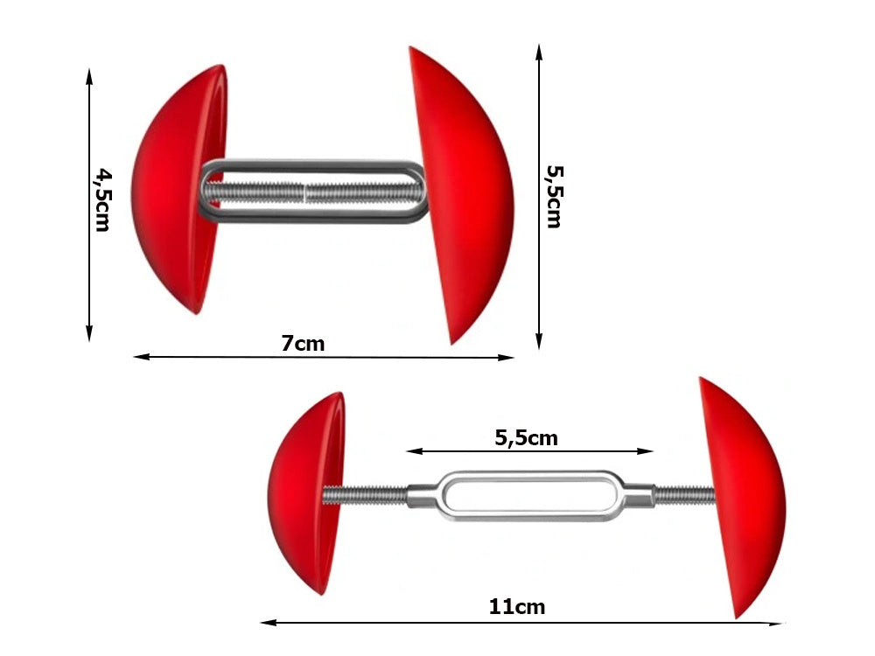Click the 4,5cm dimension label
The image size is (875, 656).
pos(102,199)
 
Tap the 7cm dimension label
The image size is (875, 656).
pos(303,344)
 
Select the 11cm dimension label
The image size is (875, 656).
pos(517,606)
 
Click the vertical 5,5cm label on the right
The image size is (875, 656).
pos(553,196)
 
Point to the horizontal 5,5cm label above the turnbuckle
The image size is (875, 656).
pos(526,438)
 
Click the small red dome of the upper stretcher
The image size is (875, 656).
pos(175,188)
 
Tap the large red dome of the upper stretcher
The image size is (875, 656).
pos(464,192)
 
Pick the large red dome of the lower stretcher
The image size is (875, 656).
pos(739,494)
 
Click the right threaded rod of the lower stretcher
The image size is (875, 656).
pos(684,495)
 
